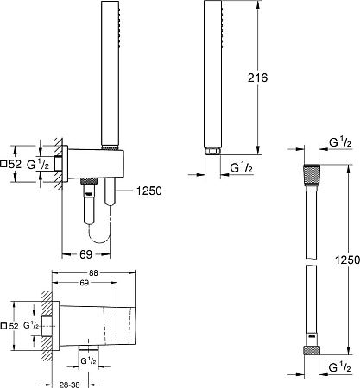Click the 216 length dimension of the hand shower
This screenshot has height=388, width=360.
[x=258, y=78]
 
